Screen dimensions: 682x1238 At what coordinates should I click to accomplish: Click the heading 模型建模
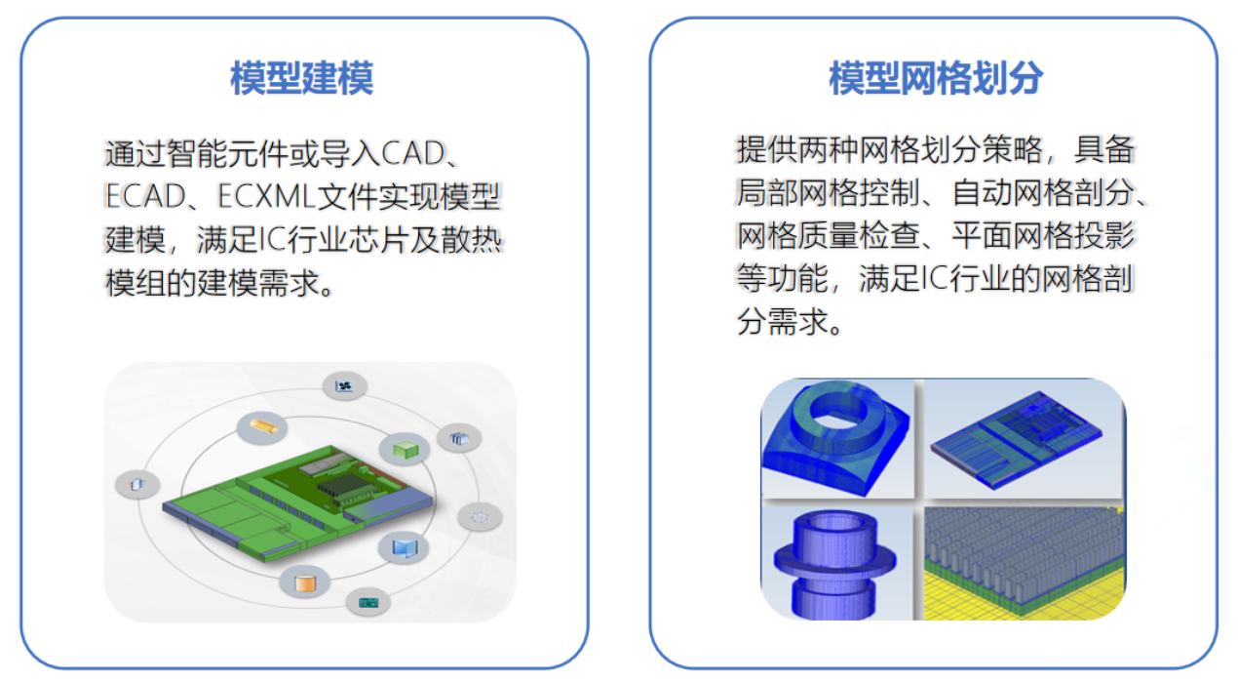302,79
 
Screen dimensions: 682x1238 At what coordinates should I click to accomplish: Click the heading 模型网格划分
935,79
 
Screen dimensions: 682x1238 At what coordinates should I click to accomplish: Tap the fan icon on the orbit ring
344,386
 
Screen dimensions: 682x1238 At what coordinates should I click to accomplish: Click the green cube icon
404,449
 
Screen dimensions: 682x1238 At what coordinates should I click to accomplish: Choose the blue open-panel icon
403,547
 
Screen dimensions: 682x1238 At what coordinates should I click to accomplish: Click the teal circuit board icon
368,602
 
